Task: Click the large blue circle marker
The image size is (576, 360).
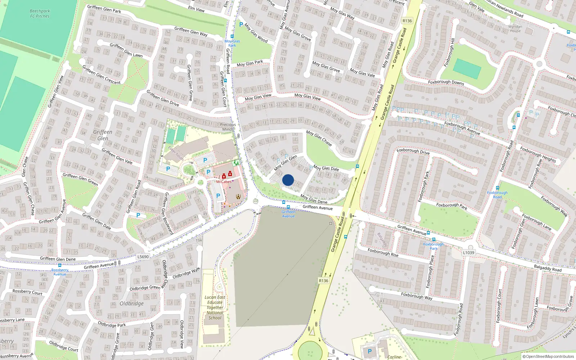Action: (288, 180)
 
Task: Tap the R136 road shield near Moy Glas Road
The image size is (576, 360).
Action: (407, 21)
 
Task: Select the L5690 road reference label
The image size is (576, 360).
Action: (143, 257)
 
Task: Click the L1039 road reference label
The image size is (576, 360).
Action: (468, 253)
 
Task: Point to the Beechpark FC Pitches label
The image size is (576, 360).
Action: (40, 14)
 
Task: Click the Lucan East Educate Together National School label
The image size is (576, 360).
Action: (215, 307)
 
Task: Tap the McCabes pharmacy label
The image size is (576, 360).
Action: (224, 182)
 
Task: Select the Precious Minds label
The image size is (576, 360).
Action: (228, 127)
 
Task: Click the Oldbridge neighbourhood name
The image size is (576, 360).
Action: (131, 303)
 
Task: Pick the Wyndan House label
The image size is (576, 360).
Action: (515, 29)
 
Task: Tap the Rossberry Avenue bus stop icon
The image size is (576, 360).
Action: (60, 266)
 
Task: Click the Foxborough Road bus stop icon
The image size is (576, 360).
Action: (497, 188)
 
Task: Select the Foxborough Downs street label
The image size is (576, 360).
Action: (446, 82)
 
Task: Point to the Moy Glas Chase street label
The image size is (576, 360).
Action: (319, 138)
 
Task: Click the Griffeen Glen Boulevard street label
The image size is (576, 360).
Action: (169, 213)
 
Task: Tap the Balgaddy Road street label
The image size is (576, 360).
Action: (548, 268)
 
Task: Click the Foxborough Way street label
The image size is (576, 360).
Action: (417, 296)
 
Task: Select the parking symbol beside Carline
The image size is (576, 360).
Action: (369, 351)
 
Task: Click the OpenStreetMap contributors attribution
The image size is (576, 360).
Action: (548, 357)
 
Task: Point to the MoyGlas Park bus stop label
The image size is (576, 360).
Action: (232, 43)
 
